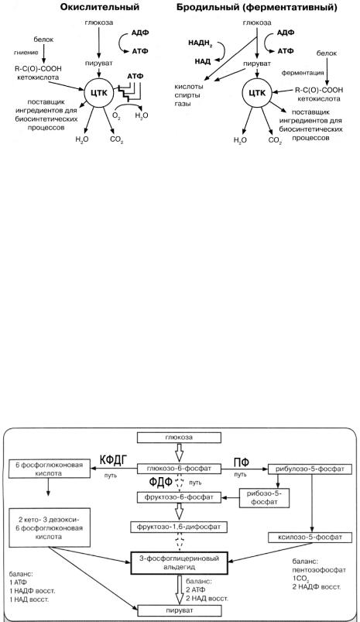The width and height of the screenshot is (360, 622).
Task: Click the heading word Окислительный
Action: click(100, 7)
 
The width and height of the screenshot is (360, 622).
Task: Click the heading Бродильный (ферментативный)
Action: click(257, 7)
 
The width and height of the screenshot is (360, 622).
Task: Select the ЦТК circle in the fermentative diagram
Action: click(257, 92)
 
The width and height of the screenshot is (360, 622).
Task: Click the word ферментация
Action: click(303, 73)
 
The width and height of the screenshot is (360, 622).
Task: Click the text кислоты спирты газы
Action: click(189, 95)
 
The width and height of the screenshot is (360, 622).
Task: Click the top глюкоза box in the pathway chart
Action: click(179, 437)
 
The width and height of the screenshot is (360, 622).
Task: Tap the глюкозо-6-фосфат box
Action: click(179, 469)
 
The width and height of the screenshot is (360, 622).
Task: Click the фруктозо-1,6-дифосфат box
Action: click(179, 527)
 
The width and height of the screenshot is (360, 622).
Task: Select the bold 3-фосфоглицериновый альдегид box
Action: click(179, 562)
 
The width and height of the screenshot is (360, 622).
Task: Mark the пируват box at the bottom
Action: click(179, 610)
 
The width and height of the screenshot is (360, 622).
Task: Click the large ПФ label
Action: click(241, 462)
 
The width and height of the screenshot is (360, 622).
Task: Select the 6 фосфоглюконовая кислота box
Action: click(50, 468)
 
